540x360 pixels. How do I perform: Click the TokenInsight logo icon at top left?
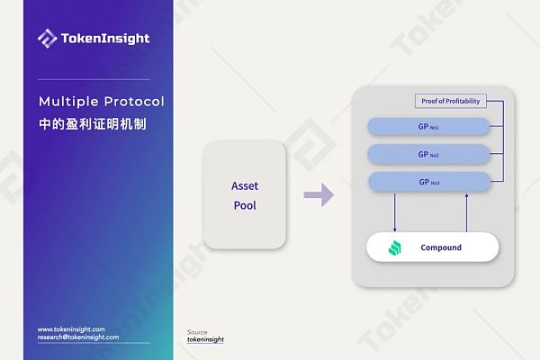(x=47, y=38)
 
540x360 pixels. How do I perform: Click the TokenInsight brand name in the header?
(x=105, y=39)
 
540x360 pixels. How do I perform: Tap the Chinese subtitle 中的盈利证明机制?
(x=92, y=123)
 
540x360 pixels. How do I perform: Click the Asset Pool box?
(x=245, y=194)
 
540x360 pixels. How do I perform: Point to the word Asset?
(x=245, y=185)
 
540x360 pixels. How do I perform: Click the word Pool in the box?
(x=245, y=205)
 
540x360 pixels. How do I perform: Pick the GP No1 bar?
(x=429, y=126)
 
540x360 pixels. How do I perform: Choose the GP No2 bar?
(x=429, y=154)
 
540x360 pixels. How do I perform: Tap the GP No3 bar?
(x=429, y=182)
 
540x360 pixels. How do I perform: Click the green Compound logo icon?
(x=393, y=247)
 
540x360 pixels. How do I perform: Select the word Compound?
(x=441, y=247)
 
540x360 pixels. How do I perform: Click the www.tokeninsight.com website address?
(x=71, y=329)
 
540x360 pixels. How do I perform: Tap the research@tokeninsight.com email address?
(x=78, y=337)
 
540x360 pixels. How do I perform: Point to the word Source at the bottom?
(x=196, y=331)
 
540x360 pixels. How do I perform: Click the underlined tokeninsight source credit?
(x=205, y=339)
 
